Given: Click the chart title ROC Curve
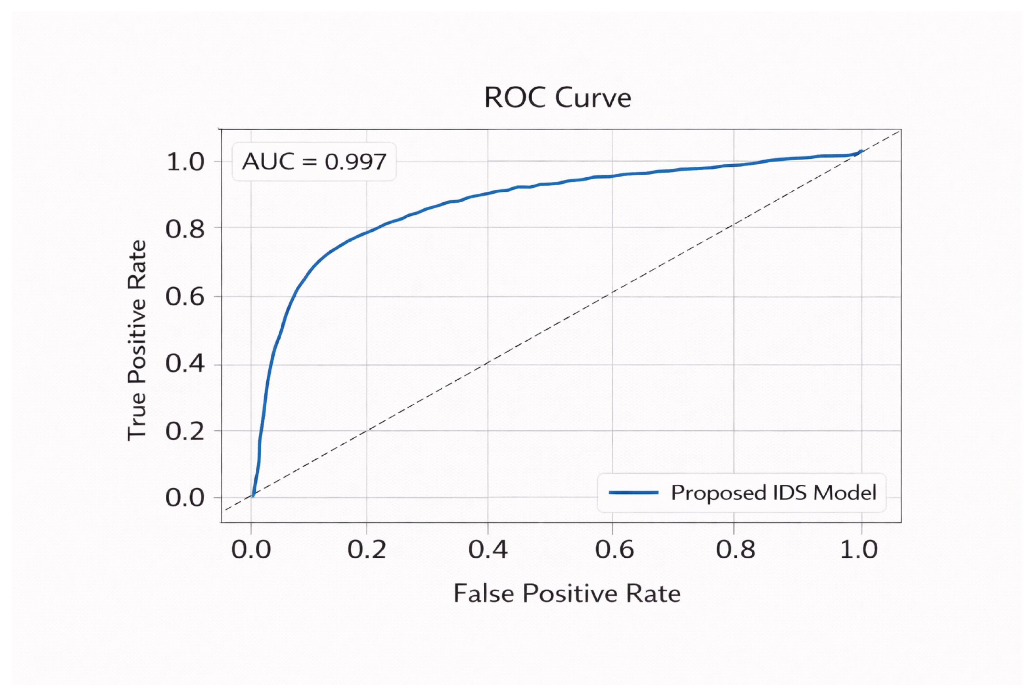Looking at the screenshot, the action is point(557,98).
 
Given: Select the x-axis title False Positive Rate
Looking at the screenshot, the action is point(567,594).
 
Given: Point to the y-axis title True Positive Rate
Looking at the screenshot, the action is point(137,341).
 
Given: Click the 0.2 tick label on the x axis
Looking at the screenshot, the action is point(367,550).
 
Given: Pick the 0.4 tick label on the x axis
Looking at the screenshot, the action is point(488,550).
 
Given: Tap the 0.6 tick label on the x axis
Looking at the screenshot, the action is point(614,550).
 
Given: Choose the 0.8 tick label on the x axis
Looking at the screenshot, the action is point(736,550).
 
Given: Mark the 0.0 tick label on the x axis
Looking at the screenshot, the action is point(251,550).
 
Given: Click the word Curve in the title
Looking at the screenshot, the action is point(593,98).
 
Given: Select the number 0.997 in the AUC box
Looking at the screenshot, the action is point(355,162).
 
